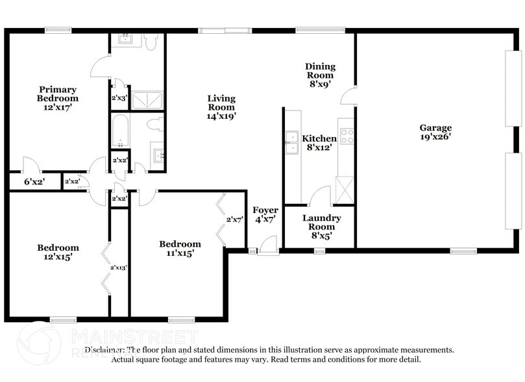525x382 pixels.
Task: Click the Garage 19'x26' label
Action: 435,132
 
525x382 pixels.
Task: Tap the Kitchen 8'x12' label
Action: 319,143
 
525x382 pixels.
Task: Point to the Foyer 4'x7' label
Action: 265,214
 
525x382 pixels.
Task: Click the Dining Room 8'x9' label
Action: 321,75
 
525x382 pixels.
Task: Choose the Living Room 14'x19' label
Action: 221,107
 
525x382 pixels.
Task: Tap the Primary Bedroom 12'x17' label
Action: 57,99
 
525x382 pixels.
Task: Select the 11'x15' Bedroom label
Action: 180,248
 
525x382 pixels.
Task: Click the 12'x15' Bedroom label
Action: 58,251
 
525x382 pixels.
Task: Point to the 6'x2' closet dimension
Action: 34,182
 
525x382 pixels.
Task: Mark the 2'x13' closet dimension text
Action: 118,268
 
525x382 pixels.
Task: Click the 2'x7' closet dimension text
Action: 234,220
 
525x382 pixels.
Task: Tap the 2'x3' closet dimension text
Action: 119,99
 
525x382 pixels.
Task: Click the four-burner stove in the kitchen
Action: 347,137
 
